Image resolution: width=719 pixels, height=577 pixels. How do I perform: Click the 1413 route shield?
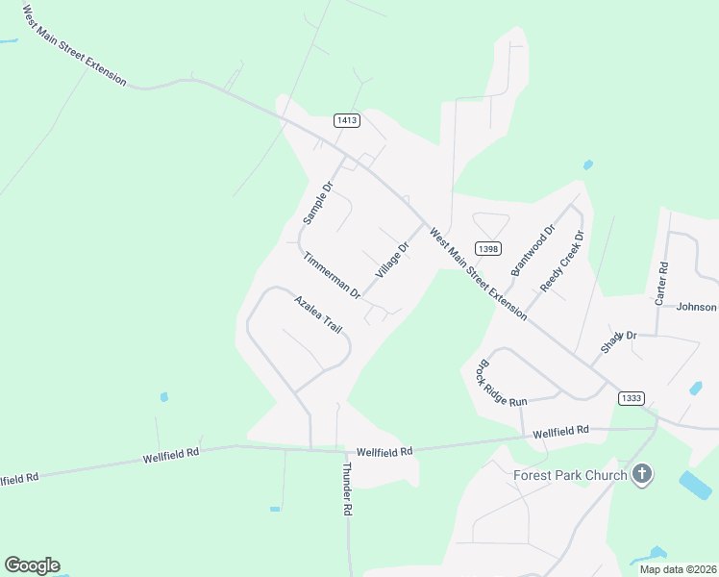coord(347,120)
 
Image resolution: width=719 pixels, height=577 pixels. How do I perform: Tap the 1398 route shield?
coord(488,248)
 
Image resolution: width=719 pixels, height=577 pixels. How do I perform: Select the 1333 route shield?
coord(632,398)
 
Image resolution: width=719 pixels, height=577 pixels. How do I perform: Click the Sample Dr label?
coord(317,202)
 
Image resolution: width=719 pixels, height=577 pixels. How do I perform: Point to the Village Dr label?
coord(393,260)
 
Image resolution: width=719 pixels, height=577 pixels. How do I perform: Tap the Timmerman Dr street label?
coord(331,275)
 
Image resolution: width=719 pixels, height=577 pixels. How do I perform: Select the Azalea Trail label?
coord(318,314)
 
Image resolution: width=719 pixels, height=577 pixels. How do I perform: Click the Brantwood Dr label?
coord(533,250)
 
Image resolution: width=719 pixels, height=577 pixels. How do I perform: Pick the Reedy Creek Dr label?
coord(562,262)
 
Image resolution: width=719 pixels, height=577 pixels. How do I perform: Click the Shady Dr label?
coord(619,341)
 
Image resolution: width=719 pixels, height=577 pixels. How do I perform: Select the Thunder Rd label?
coord(347,489)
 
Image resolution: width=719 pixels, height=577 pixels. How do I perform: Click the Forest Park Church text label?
coord(570,475)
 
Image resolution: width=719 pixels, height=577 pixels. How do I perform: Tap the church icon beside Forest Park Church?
coord(643,474)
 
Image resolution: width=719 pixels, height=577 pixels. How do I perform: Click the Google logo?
coord(32,565)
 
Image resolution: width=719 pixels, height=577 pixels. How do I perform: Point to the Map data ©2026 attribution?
coord(678,569)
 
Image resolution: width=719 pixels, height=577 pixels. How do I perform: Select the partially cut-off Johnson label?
coord(697,307)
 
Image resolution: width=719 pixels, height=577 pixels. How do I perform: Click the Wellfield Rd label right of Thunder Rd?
coord(384,451)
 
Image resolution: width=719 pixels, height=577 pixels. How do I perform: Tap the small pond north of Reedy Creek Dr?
coord(587,165)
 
